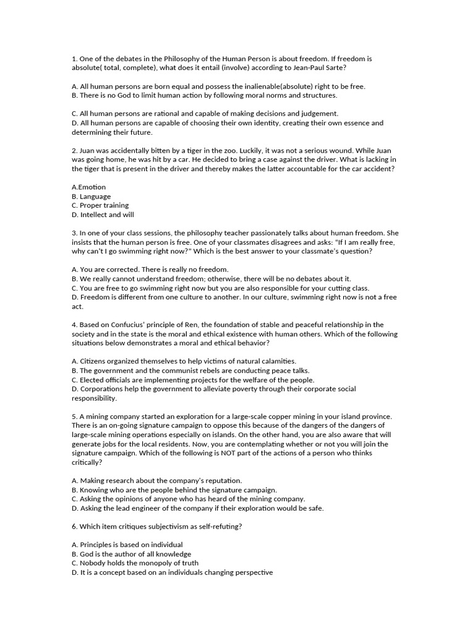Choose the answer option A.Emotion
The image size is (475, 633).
click(88, 187)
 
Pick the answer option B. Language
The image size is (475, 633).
click(92, 197)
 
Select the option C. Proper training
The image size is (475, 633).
click(100, 205)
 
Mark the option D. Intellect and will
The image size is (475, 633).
click(103, 215)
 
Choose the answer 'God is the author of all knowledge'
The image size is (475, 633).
click(131, 554)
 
